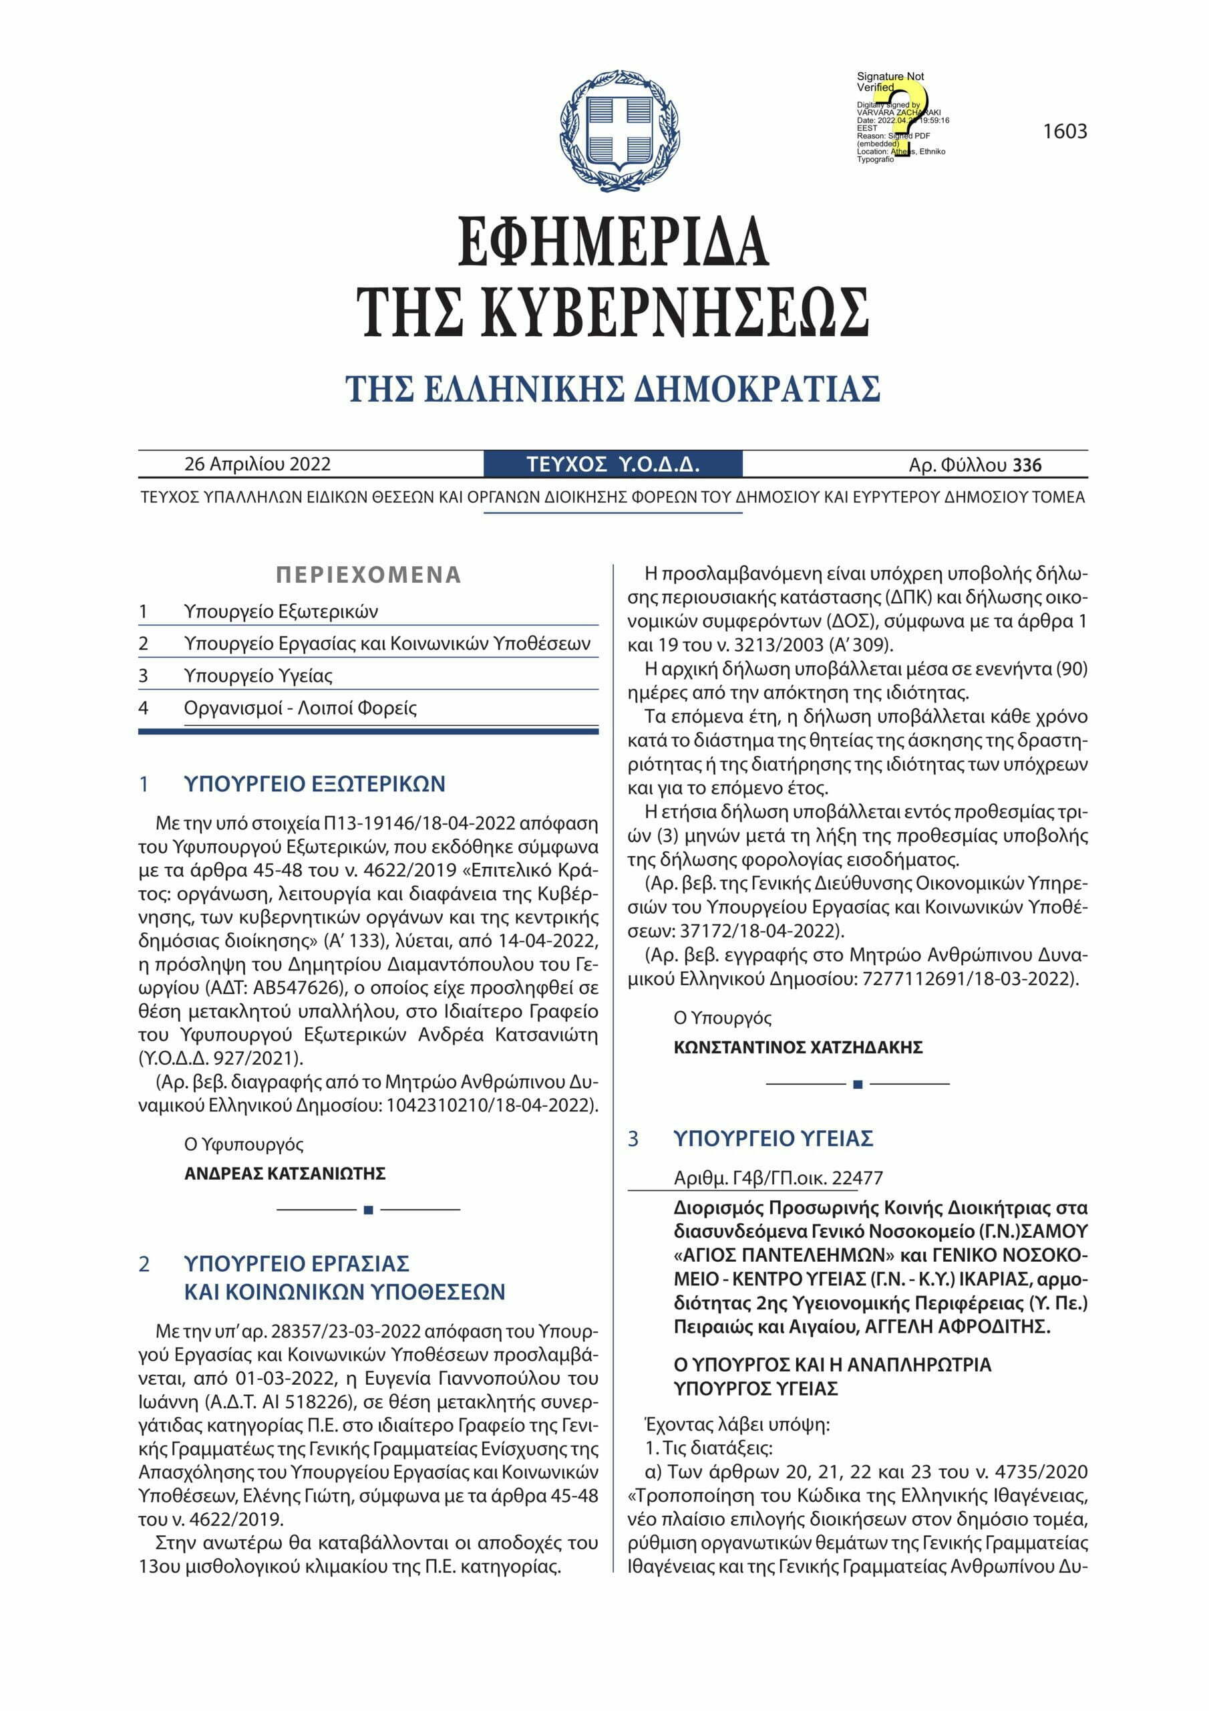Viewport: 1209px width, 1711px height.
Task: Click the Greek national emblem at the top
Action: coord(619,131)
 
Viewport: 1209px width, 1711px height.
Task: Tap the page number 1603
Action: coord(1065,132)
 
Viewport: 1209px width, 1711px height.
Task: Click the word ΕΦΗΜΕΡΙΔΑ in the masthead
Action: coord(613,241)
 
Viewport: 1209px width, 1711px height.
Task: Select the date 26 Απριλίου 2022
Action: coord(257,465)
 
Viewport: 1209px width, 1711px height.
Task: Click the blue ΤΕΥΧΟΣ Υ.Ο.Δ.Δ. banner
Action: coord(613,465)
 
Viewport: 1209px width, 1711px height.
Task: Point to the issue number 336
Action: coord(1027,466)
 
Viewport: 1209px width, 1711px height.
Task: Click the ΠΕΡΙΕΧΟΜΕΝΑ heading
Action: coord(368,575)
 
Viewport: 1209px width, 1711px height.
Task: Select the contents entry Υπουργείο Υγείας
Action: coord(258,676)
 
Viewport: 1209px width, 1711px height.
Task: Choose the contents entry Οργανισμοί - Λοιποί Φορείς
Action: coord(300,708)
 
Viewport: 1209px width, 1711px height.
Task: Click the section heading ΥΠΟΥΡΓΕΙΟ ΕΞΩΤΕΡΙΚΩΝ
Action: coord(315,784)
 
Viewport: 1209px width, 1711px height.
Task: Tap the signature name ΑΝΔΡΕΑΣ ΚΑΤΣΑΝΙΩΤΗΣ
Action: coord(285,1174)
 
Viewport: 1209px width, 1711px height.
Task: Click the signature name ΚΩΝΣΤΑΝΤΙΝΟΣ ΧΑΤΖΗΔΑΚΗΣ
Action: coord(798,1048)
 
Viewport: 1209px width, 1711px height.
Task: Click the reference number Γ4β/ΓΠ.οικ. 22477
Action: coord(778,1178)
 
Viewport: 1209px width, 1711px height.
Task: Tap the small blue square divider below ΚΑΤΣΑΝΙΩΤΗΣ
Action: coord(368,1210)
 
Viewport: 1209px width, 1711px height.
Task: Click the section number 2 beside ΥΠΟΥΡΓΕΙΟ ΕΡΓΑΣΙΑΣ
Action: coord(144,1265)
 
